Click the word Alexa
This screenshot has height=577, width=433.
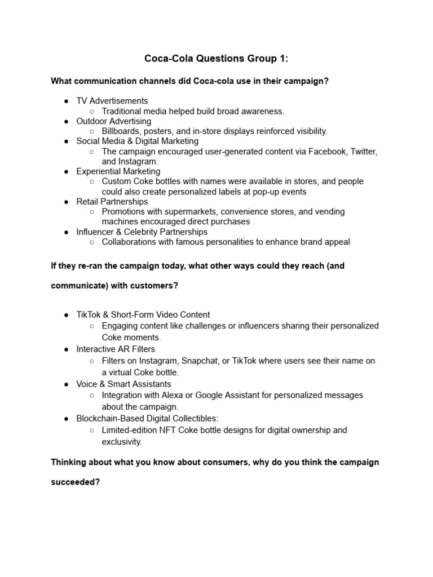point(174,396)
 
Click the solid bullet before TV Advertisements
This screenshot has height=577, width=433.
point(67,101)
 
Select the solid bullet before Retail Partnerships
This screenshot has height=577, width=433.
point(67,202)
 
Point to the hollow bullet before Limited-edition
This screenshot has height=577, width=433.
point(92,430)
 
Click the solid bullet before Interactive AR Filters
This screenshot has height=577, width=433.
point(67,349)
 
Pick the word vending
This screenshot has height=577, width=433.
point(329,212)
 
